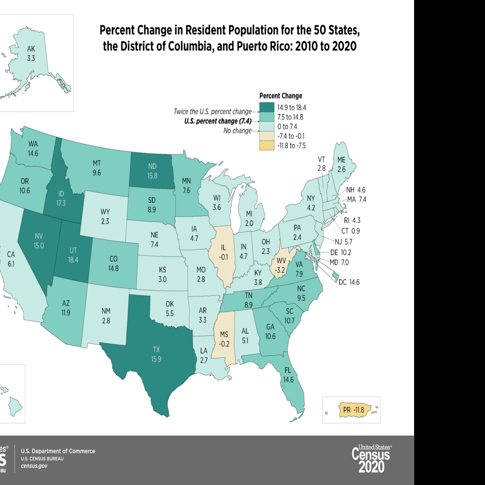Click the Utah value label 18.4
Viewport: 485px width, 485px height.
[x=73, y=260]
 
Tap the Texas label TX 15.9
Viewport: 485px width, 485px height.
[x=156, y=354]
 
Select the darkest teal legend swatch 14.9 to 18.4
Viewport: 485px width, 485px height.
[x=267, y=107]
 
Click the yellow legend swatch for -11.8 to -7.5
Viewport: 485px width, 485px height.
[x=267, y=145]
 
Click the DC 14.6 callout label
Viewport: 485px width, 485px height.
[x=349, y=282]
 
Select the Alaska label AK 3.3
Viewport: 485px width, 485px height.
[x=31, y=54]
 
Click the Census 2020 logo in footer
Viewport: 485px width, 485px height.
[x=371, y=459]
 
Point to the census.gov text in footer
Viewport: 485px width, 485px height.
[x=34, y=466]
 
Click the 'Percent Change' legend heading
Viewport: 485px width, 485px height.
[x=281, y=96]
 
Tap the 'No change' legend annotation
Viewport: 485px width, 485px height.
[x=237, y=131]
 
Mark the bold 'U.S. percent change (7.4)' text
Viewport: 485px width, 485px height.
[x=218, y=121]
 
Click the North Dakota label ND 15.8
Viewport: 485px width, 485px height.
[x=152, y=171]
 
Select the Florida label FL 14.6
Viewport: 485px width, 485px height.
[x=288, y=375]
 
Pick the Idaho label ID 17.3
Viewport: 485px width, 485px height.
[x=61, y=199]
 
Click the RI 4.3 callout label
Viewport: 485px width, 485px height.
[x=352, y=220]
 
